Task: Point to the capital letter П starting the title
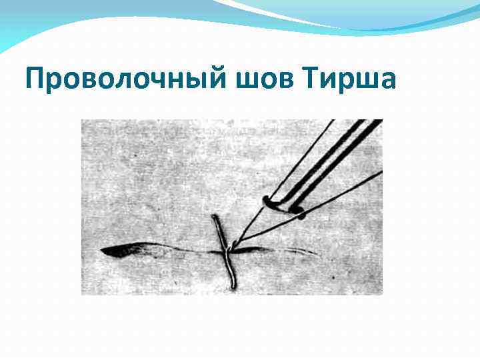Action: (34, 79)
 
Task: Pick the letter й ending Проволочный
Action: (221, 79)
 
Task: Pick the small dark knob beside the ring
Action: (299, 213)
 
